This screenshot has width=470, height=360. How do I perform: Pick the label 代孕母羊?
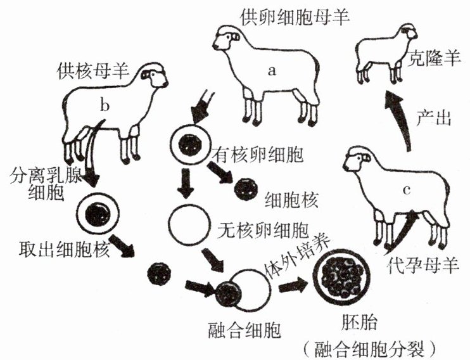point(422,266)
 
